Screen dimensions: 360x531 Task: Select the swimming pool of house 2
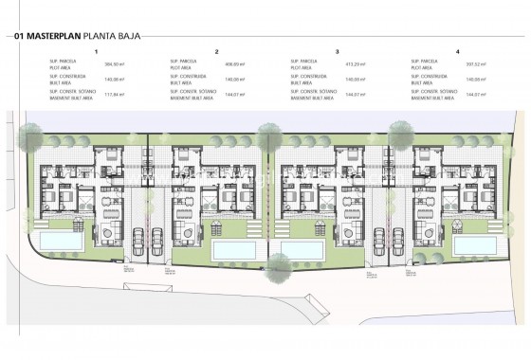tap(231, 248)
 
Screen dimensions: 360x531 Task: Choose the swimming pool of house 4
tap(476, 244)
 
